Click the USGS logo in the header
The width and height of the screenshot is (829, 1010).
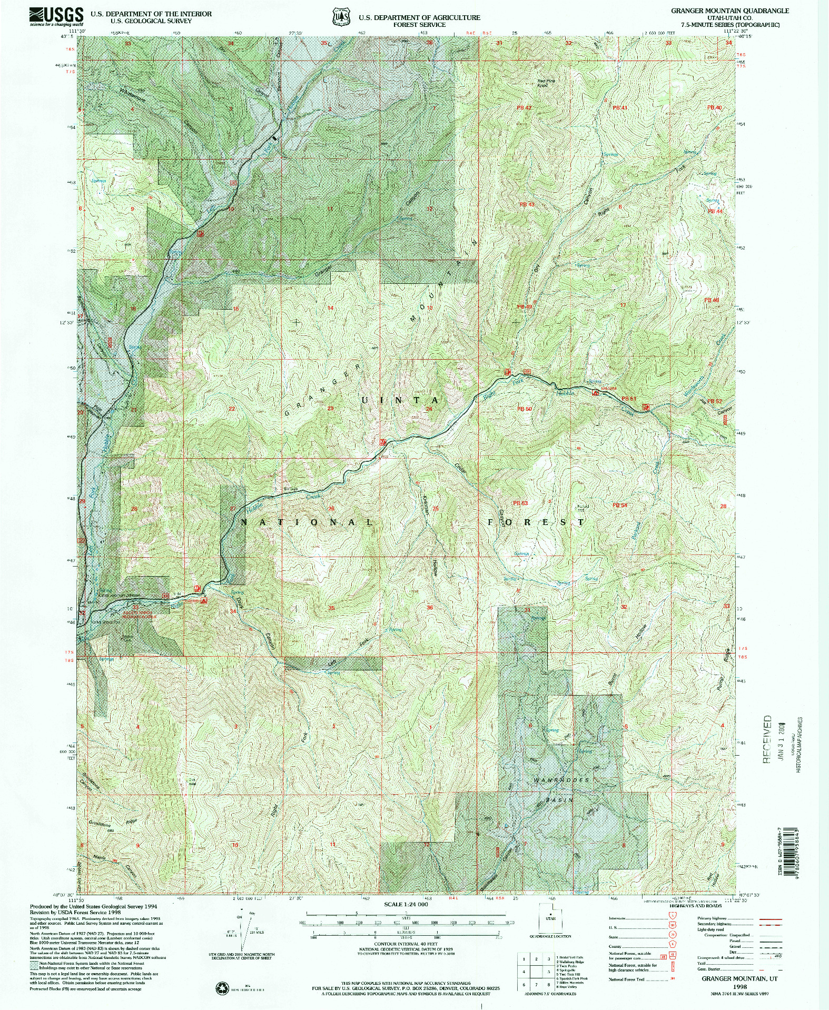point(56,16)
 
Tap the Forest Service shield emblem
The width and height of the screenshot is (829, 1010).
point(341,17)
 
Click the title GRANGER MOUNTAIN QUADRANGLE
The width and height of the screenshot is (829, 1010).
point(729,11)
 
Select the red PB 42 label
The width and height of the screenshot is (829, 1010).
point(524,107)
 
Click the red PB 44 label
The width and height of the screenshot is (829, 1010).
point(715,211)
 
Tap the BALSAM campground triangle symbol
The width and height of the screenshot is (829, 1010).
point(596,392)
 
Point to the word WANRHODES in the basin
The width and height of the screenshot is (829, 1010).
point(561,780)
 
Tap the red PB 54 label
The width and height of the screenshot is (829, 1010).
point(619,505)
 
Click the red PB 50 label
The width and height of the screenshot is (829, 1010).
point(525,409)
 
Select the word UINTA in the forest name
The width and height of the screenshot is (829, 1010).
point(399,400)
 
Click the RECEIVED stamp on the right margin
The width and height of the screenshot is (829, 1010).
point(767,739)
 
